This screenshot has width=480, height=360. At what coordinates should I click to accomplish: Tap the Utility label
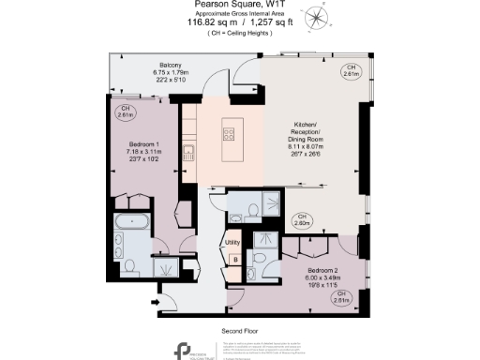point(233,242)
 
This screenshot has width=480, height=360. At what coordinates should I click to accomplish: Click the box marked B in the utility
point(235,260)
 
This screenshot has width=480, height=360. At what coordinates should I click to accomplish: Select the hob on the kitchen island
point(228,134)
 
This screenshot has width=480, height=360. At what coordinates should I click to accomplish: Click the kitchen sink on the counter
point(188,151)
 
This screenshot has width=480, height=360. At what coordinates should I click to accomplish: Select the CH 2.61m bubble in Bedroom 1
point(124,112)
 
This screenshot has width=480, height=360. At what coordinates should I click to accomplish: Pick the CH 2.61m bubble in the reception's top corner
point(351,70)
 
